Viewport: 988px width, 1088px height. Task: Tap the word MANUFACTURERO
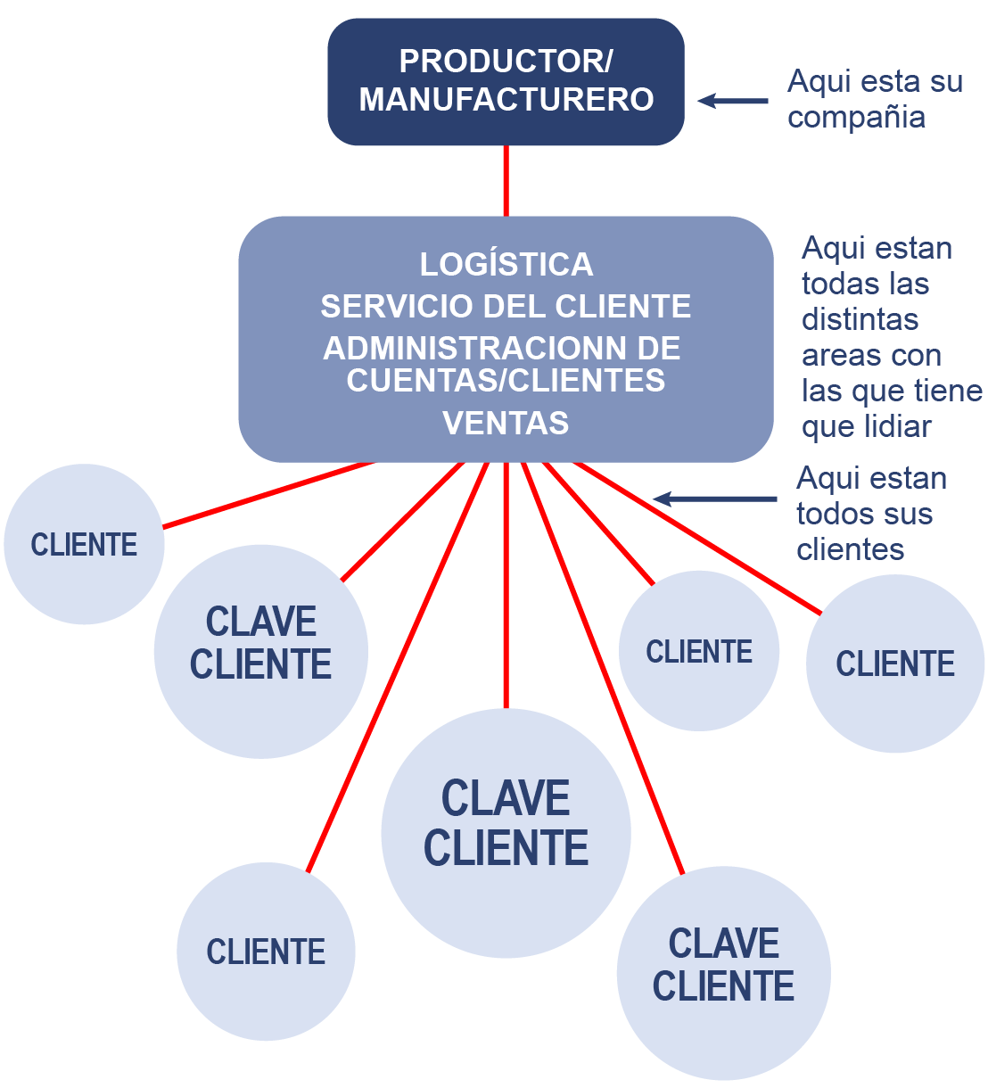pyautogui.click(x=506, y=99)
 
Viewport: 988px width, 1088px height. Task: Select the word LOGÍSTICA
pyautogui.click(x=506, y=265)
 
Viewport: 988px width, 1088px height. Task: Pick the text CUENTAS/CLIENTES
pyautogui.click(x=506, y=381)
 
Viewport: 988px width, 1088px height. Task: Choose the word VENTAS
pyautogui.click(x=506, y=423)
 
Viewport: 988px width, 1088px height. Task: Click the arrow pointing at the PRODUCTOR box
pyautogui.click(x=731, y=101)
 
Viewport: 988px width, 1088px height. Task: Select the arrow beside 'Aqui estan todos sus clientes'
pyautogui.click(x=713, y=499)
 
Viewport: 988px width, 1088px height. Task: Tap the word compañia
pyautogui.click(x=856, y=118)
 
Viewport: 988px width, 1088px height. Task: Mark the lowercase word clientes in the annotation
pyautogui.click(x=850, y=549)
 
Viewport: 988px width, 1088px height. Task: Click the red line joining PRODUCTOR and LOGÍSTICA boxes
pyautogui.click(x=506, y=180)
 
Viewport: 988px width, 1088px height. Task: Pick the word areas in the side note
pyautogui.click(x=835, y=356)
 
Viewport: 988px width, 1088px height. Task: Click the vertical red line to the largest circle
pyautogui.click(x=506, y=589)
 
